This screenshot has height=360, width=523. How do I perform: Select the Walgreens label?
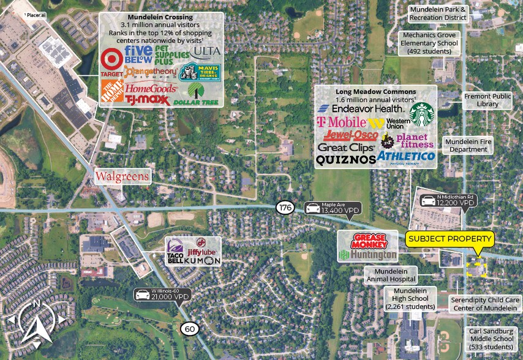click(122, 177)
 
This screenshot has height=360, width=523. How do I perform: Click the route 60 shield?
click(190, 329)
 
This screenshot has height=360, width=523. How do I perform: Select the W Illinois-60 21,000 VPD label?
click(162, 294)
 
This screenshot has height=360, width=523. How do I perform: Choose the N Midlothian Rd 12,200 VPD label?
click(448, 199)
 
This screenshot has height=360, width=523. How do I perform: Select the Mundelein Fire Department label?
click(468, 146)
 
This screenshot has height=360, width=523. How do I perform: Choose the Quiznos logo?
click(345, 160)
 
